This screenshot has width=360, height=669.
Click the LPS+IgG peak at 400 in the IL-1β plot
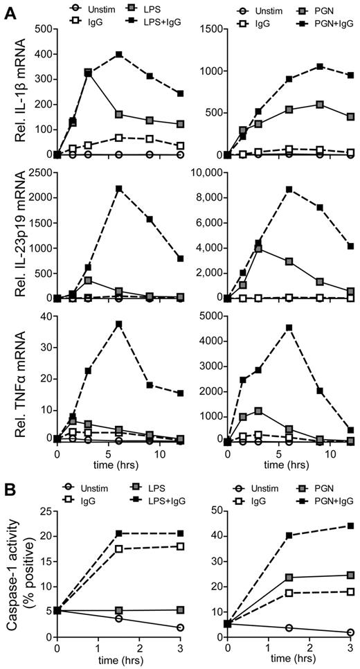click(120, 54)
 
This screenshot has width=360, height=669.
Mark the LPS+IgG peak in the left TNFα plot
click(120, 324)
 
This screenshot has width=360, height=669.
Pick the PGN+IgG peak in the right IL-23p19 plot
click(289, 189)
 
